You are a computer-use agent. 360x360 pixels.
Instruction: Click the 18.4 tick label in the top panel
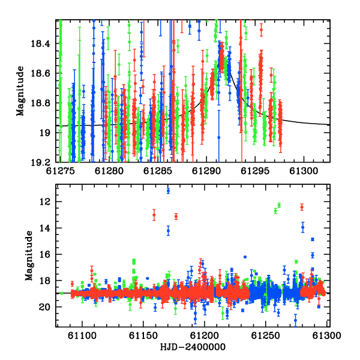pyautogui.click(x=40, y=43)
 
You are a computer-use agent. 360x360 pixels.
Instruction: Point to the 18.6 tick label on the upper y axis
pyautogui.click(x=40, y=73)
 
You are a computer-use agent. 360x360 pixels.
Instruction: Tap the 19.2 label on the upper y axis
pyautogui.click(x=40, y=163)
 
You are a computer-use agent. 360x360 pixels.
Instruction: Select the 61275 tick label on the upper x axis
pyautogui.click(x=61, y=171)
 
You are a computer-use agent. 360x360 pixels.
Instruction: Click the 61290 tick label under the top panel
pyautogui.click(x=206, y=171)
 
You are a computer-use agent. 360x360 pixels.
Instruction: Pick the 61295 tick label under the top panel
pyautogui.click(x=255, y=171)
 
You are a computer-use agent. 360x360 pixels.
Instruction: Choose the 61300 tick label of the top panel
pyautogui.click(x=304, y=171)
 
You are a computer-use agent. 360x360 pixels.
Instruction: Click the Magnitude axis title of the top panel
pyautogui.click(x=20, y=91)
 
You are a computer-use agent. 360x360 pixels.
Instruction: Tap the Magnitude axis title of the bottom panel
pyautogui.click(x=29, y=256)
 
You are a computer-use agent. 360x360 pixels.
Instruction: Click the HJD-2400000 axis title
pyautogui.click(x=193, y=347)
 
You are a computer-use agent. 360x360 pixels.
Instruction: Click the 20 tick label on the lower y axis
pyautogui.click(x=44, y=307)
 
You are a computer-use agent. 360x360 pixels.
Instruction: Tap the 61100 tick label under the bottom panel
pyautogui.click(x=82, y=335)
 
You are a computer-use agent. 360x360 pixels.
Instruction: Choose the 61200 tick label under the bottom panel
pyautogui.click(x=205, y=335)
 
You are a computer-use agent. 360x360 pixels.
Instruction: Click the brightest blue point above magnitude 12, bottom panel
pyautogui.click(x=168, y=191)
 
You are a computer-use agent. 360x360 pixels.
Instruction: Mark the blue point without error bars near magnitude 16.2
pyautogui.click(x=245, y=257)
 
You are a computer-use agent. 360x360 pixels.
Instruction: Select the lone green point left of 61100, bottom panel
pyautogui.click(x=62, y=293)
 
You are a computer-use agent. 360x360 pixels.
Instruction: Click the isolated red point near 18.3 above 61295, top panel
pyautogui.click(x=261, y=30)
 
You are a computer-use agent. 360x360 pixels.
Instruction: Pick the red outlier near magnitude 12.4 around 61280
pyautogui.click(x=302, y=207)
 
